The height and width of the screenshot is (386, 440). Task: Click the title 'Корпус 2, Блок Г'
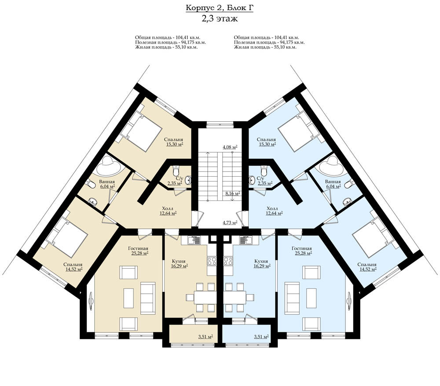tap(220, 8)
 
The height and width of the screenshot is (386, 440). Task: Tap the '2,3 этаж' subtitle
tap(220, 19)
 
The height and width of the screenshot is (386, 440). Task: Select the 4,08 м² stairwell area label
tap(230, 147)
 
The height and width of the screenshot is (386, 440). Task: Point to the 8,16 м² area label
tap(233, 193)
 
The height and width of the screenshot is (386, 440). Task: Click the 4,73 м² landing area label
tap(230, 222)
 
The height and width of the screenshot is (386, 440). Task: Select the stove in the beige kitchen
tap(212, 261)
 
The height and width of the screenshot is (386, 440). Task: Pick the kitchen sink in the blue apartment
tap(246, 240)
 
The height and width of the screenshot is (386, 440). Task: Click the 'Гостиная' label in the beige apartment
tap(138, 248)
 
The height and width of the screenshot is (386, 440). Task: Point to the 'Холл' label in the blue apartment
tap(272, 208)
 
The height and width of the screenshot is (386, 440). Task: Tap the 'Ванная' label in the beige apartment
tap(107, 182)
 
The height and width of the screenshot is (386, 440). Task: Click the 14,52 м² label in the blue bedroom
tap(368, 269)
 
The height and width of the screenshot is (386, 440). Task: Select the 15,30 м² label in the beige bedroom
tap(175, 144)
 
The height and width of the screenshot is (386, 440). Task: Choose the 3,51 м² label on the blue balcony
tap(261, 337)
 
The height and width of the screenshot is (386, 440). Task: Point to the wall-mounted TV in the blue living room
tap(349, 301)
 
